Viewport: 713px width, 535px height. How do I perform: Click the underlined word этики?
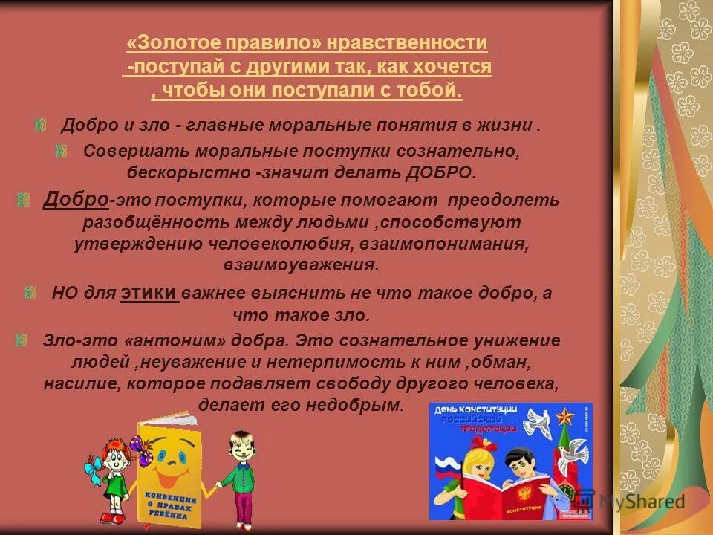(x=149, y=292)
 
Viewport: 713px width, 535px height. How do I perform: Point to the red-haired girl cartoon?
(x=111, y=476)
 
